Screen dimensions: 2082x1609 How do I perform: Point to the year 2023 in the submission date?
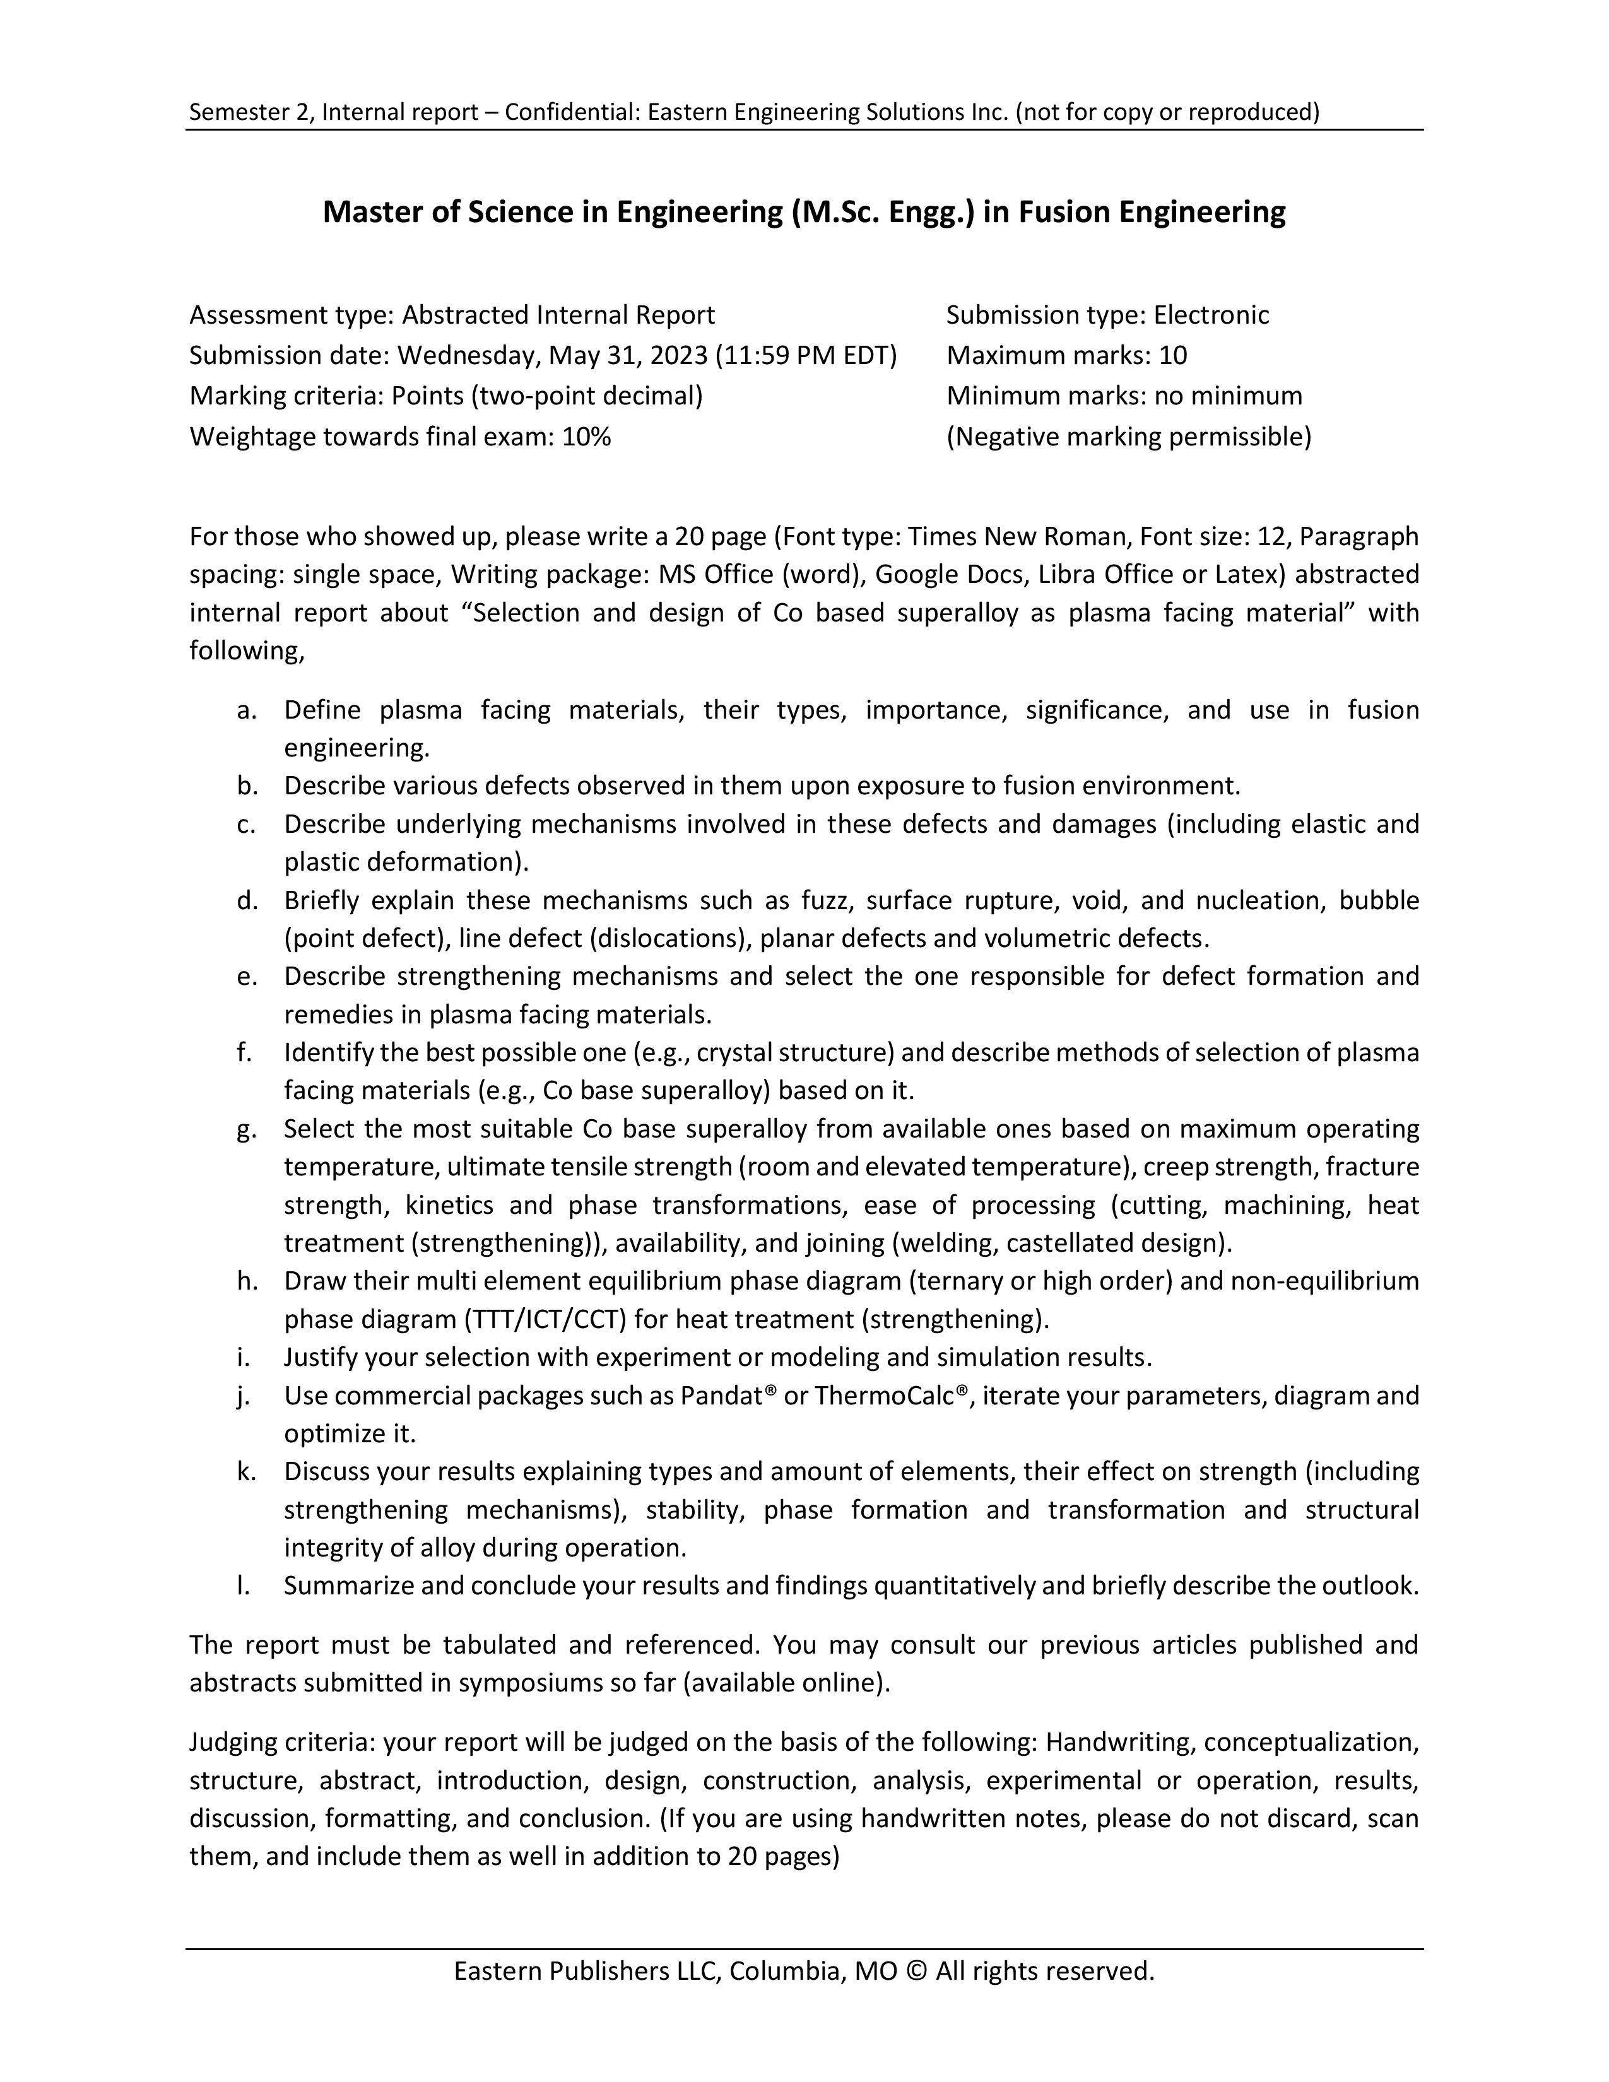coord(680,356)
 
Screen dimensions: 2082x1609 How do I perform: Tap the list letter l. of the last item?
coord(244,1586)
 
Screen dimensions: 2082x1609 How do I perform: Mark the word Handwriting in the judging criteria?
coord(1120,1743)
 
